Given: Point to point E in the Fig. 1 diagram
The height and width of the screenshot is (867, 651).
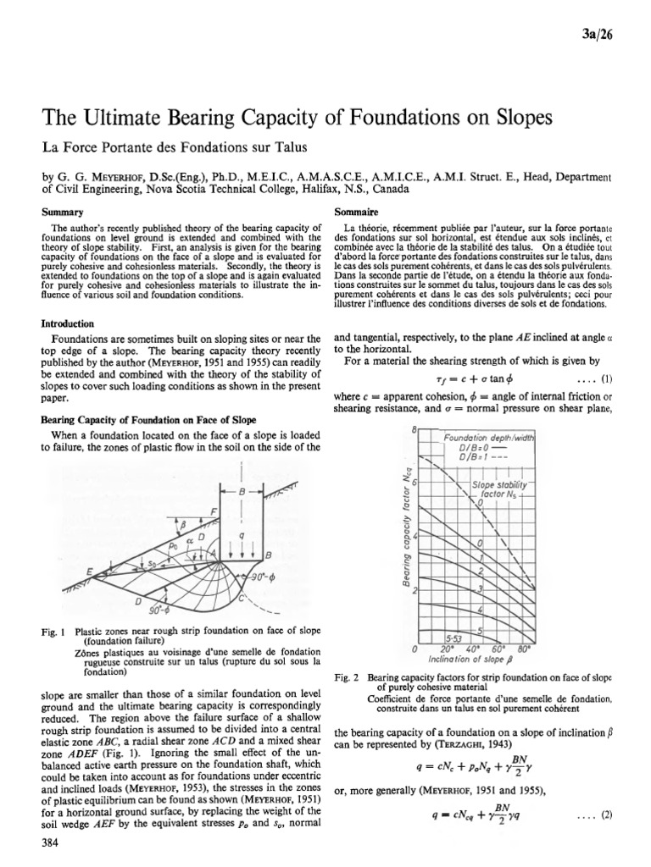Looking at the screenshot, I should [87, 571].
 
